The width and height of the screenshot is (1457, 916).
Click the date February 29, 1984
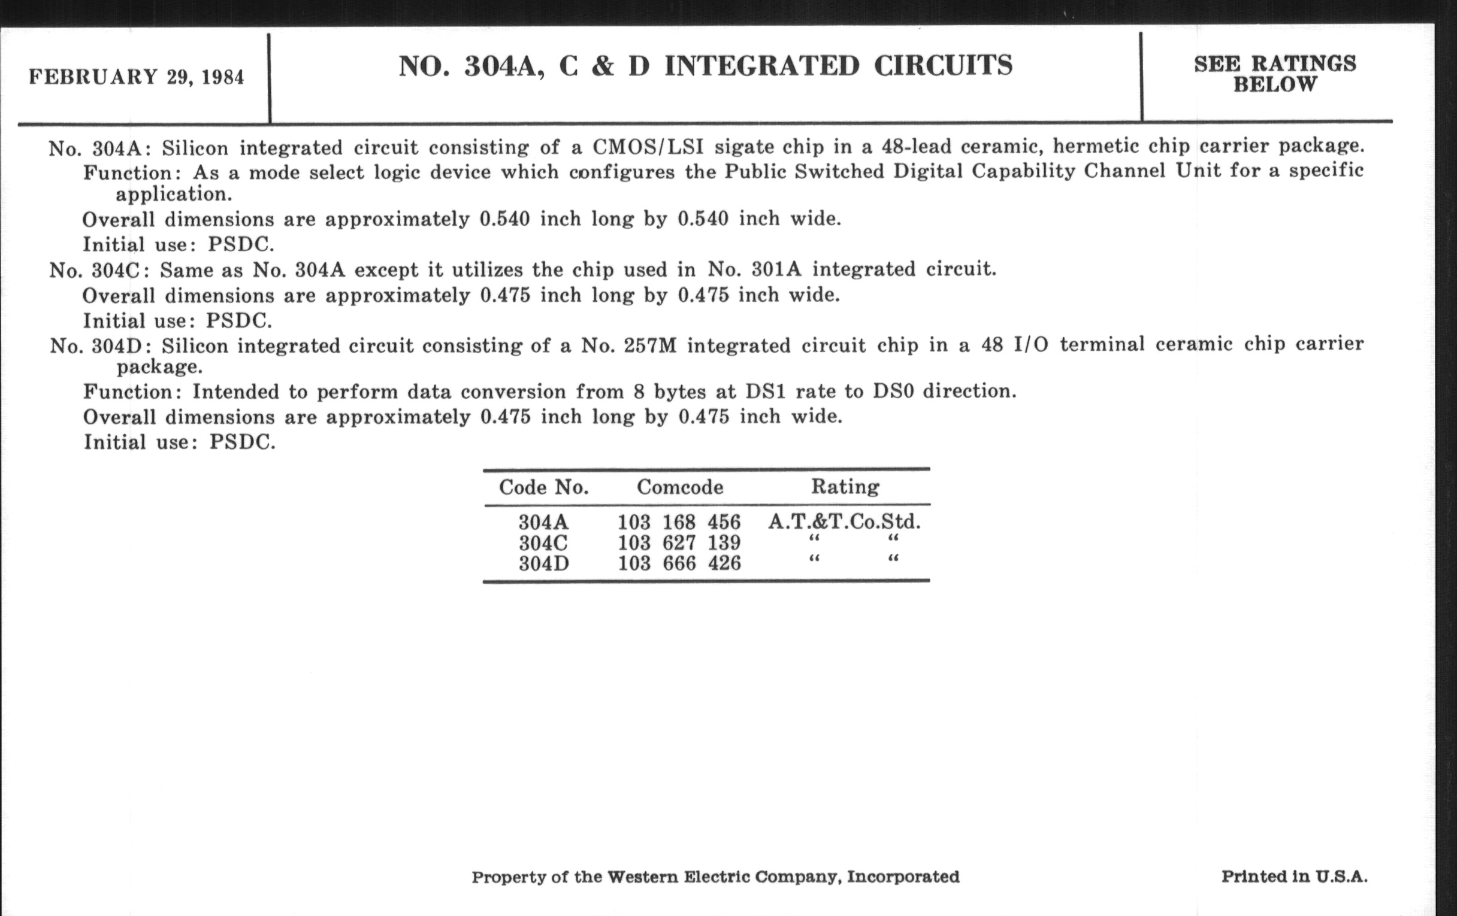(136, 77)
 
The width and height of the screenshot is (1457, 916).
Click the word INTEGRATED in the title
(762, 66)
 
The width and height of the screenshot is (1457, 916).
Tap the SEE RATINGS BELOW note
(1275, 74)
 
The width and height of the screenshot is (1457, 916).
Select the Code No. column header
(543, 487)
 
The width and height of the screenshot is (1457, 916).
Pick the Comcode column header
(679, 487)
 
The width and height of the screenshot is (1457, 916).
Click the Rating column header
(845, 487)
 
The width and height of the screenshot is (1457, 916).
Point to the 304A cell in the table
(543, 522)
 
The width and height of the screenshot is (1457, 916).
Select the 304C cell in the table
(543, 543)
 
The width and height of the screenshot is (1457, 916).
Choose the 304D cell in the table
(543, 563)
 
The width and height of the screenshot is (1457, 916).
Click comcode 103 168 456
(679, 522)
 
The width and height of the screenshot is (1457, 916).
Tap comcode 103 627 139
(679, 543)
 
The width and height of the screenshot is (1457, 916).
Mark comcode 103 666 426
(679, 563)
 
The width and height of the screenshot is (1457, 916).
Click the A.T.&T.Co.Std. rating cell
(845, 521)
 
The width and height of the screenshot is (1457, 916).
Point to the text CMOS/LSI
(648, 147)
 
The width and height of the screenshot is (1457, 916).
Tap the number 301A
(776, 269)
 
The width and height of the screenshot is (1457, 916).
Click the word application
(174, 195)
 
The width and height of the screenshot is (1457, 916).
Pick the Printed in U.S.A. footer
(1294, 876)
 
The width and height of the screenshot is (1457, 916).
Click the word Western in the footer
(643, 876)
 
